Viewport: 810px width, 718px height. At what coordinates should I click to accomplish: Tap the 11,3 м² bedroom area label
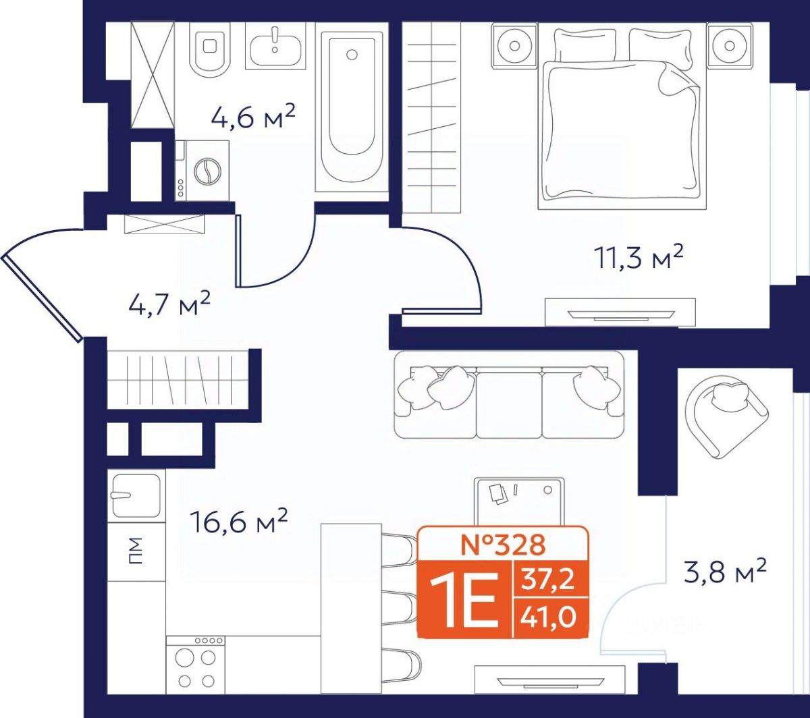(639, 257)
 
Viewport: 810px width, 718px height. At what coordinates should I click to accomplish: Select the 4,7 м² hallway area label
(169, 302)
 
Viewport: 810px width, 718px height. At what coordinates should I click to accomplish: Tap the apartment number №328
(503, 545)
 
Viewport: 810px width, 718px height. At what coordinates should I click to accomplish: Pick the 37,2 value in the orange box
(547, 579)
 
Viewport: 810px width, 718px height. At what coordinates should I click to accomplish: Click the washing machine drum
(207, 171)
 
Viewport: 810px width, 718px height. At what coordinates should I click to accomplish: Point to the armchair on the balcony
(725, 416)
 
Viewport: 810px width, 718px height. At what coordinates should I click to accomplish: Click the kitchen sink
(136, 495)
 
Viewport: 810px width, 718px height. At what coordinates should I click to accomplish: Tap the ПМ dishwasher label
(135, 551)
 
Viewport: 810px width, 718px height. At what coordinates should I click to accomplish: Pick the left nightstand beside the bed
(514, 46)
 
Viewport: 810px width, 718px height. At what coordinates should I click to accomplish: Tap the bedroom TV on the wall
(620, 312)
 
